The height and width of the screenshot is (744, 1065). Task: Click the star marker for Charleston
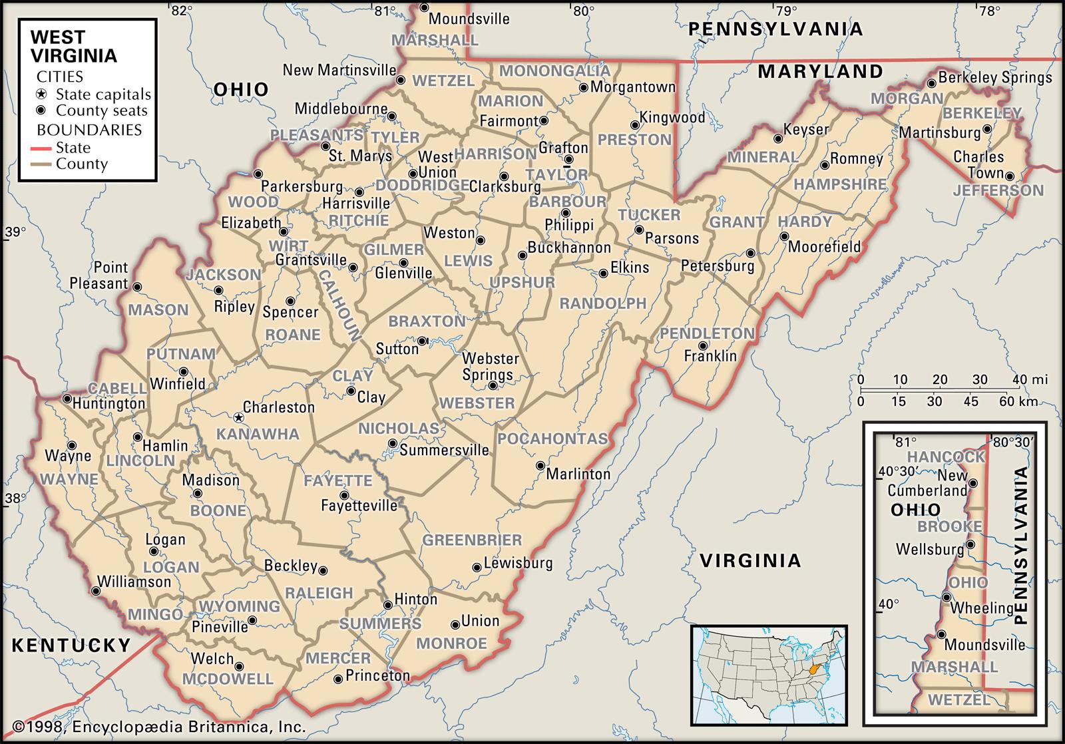point(238,418)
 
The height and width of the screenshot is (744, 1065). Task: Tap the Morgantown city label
point(632,87)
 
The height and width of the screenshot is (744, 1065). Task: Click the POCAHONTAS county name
point(552,439)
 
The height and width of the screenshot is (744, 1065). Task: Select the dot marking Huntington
point(67,399)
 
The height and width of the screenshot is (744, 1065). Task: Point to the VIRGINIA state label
point(750,560)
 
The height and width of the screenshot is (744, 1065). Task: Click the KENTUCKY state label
point(72,644)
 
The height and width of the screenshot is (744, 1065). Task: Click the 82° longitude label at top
point(180,10)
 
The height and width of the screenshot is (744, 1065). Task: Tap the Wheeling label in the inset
point(981,608)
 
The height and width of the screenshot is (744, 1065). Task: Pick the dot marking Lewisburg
point(477,568)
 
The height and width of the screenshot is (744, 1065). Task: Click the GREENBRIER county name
point(473,540)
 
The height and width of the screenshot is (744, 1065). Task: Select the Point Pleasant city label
point(100,276)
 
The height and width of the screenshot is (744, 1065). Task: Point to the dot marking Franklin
point(704,345)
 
